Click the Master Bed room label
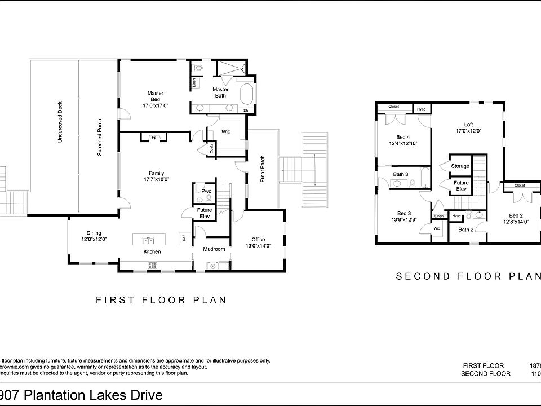coord(156,93)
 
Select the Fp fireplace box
coord(154,137)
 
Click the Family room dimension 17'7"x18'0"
coord(156,179)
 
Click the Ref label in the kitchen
coord(184,239)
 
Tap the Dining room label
coord(94,233)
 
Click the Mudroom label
coord(214,249)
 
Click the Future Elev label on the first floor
coord(204,213)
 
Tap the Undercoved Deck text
coord(60,121)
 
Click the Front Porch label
coord(263,168)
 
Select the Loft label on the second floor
coord(468,125)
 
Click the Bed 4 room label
coord(403,137)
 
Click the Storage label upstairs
coord(460,166)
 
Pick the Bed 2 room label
coord(517,215)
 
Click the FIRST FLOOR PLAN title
coord(161,300)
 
